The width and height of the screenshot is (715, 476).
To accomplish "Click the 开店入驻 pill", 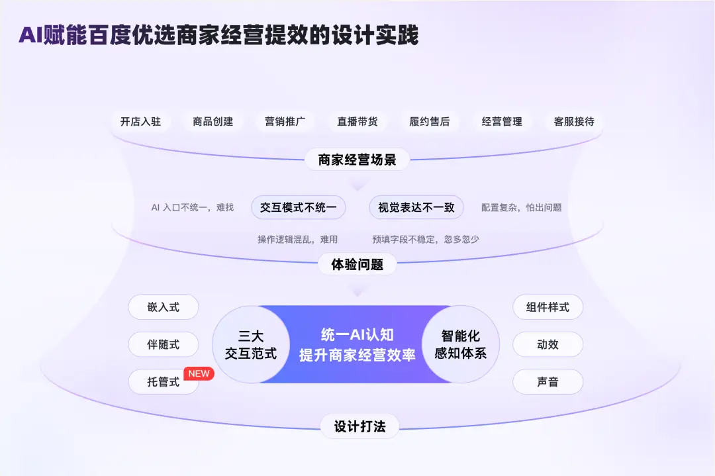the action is click(140, 122).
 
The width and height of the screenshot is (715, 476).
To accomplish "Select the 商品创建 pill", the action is click(213, 122).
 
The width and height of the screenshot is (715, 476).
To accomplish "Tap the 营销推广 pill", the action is click(285, 122).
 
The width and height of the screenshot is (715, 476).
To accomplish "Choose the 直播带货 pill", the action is click(358, 122).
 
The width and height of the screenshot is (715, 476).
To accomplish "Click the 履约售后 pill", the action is click(430, 122).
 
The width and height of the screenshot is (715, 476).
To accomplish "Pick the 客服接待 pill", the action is click(574, 122).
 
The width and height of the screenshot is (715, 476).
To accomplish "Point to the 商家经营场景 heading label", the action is click(357, 160).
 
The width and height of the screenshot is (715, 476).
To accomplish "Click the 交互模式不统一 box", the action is click(298, 207).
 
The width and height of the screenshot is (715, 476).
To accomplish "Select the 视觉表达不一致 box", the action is click(416, 207).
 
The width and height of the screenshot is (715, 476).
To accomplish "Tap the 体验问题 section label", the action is click(357, 264).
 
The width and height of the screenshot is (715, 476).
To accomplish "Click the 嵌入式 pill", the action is click(164, 307).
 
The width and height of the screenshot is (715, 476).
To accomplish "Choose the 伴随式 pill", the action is click(164, 344).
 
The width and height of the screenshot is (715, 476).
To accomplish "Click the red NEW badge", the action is click(199, 373).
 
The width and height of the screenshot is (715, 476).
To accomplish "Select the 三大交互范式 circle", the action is click(251, 344).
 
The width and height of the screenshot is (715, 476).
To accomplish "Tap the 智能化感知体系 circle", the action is click(461, 344).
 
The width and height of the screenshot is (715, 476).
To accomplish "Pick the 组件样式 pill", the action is click(548, 307).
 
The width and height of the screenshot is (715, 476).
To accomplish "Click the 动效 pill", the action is click(548, 344).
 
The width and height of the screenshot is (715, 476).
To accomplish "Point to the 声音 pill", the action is click(548, 381).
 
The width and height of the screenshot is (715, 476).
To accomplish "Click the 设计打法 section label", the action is click(359, 426).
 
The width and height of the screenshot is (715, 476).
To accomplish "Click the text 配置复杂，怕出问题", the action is click(521, 207).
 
